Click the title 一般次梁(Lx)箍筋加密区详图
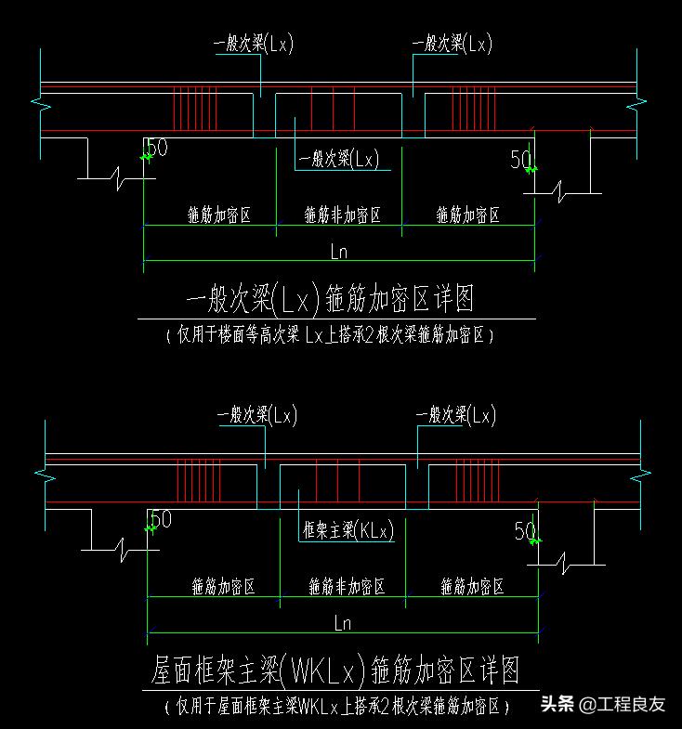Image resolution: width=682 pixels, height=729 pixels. pos(331,299)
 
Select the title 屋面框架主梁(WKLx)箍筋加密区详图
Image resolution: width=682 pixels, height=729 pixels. pos(334,670)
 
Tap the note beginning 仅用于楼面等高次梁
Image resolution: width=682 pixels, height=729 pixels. pos(331,335)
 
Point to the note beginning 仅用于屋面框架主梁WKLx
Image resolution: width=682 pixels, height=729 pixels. pos(337,706)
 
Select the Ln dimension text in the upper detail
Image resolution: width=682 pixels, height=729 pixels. pos(339,251)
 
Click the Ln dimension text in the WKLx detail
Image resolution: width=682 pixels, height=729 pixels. pos(342,623)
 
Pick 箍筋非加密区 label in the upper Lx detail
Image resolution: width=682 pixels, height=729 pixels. pos(342,215)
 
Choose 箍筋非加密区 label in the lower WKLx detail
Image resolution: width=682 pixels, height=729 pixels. pos(346,587)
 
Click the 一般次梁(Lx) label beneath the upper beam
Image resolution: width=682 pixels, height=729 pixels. pos(338,159)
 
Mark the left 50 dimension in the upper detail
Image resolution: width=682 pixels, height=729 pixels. pos(158,148)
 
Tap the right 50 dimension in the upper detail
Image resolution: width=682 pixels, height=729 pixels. pos(520,160)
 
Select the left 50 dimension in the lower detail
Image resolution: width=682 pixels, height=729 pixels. pos(161,519)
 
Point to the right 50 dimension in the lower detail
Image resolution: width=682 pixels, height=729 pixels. pos(525,531)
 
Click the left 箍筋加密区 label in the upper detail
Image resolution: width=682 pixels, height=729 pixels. pos(219,215)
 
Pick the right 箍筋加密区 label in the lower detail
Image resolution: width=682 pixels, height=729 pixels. pos(472,587)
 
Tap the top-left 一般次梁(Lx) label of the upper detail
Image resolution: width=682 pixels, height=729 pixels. pos(253,44)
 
